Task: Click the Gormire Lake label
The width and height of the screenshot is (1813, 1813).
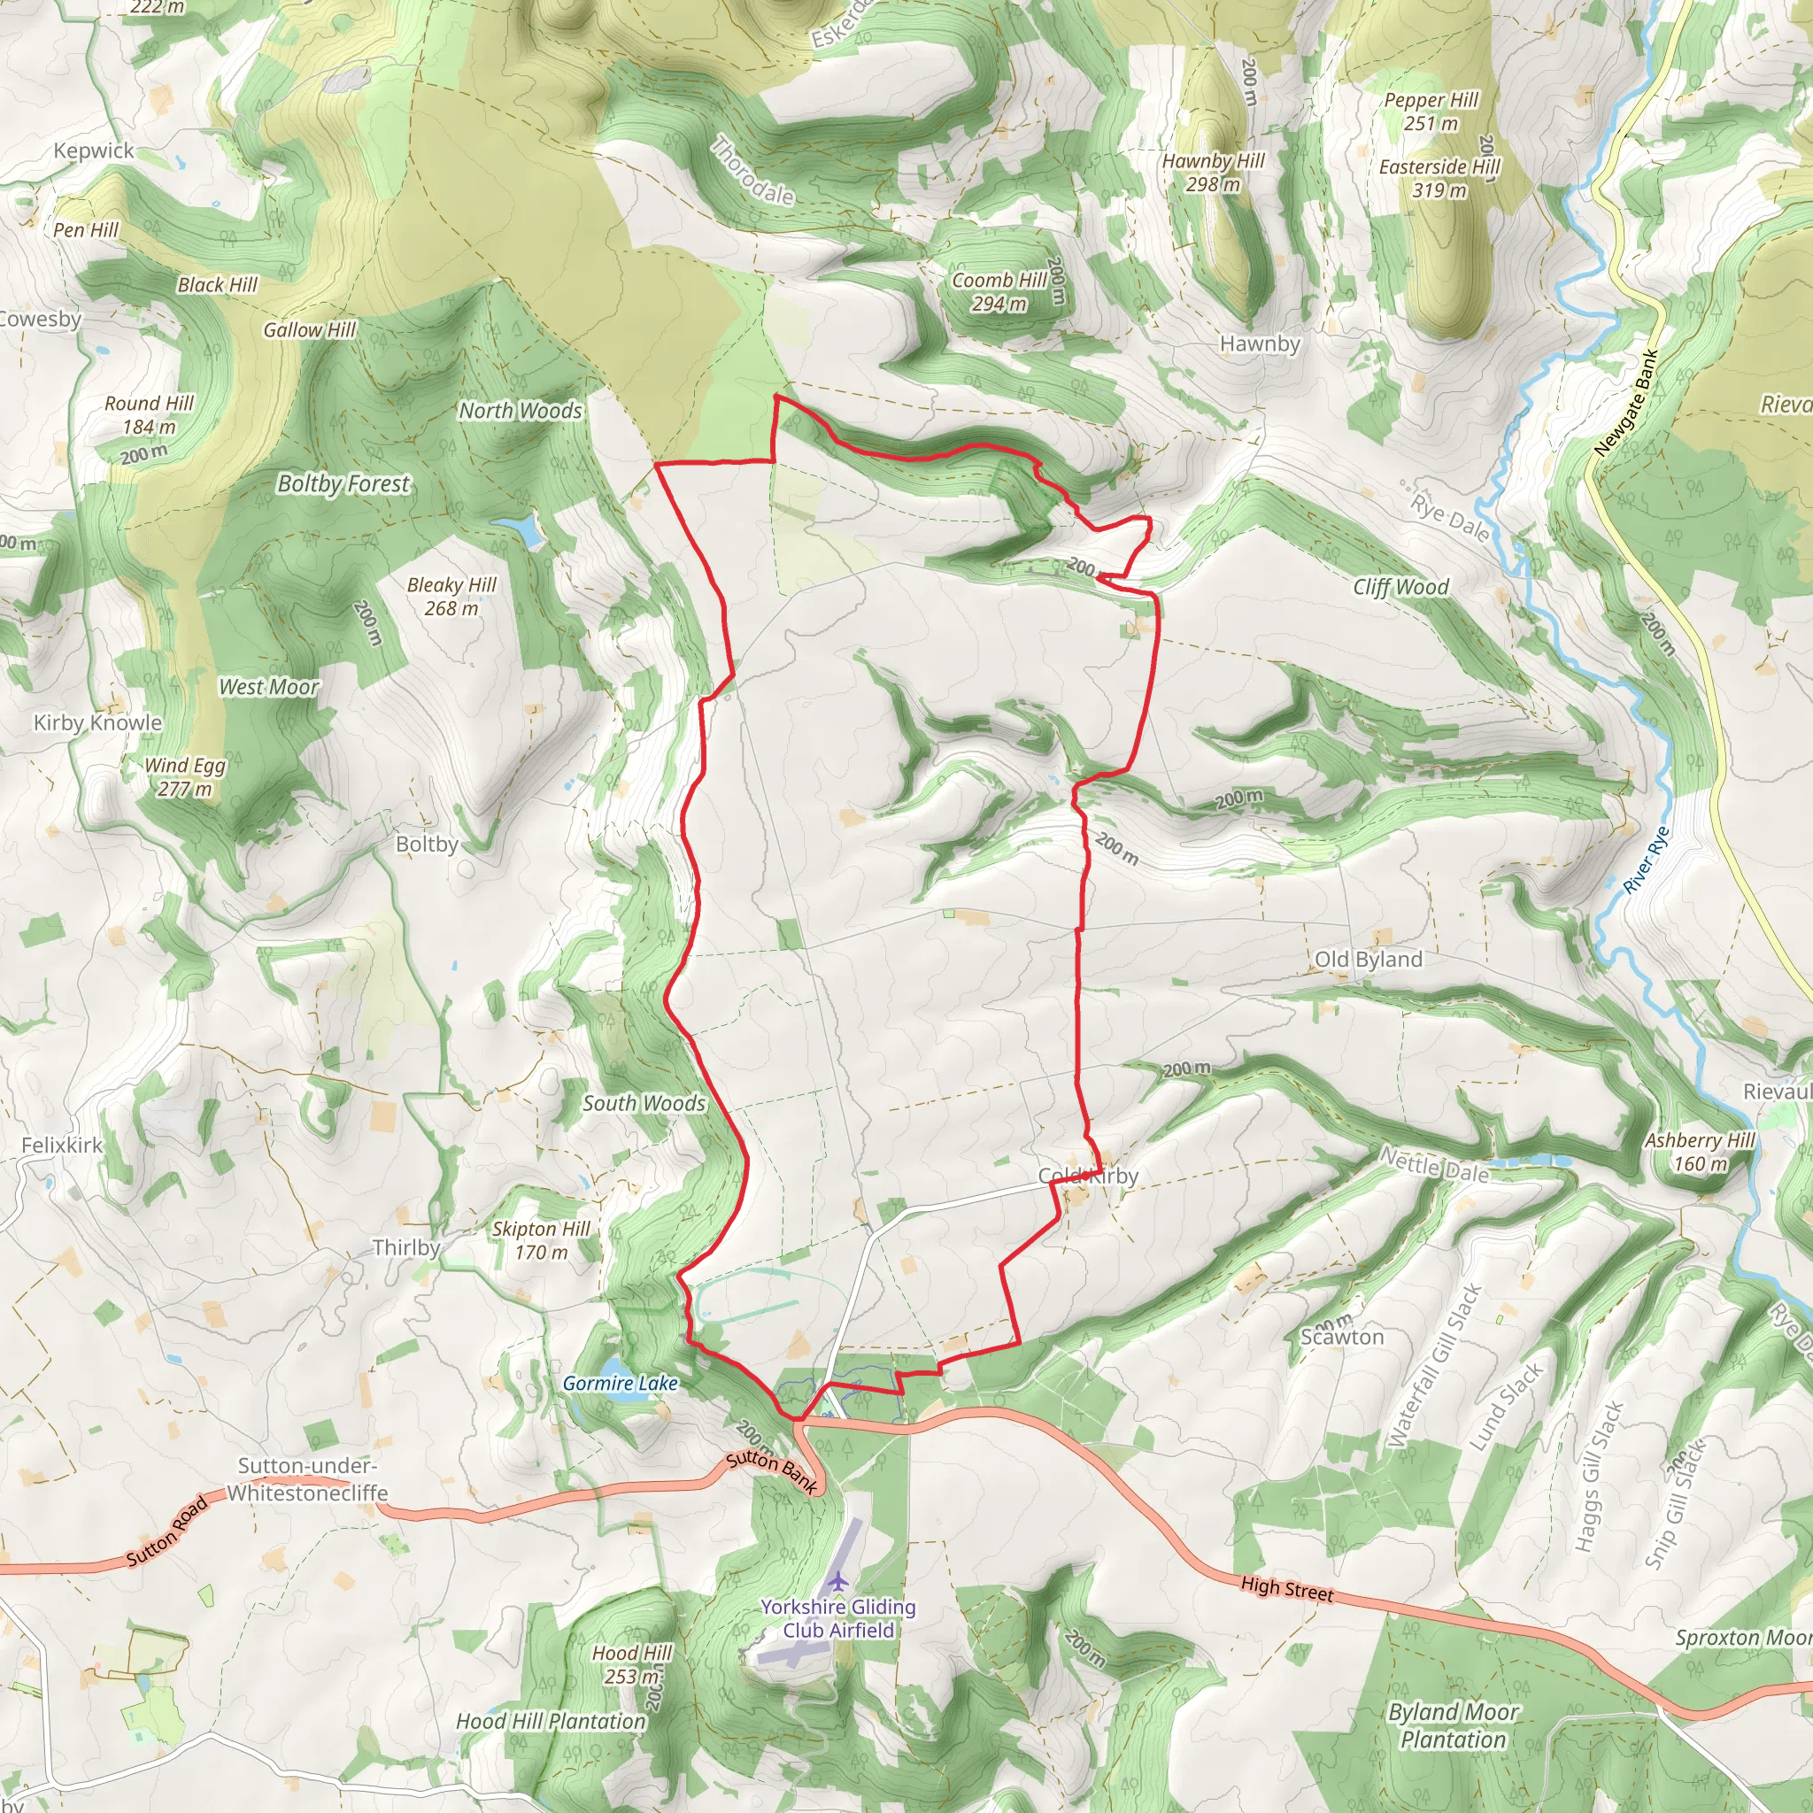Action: click(x=620, y=1384)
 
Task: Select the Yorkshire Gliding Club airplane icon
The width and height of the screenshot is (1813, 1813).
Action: click(x=838, y=1582)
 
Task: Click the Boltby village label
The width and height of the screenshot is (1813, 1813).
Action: click(x=427, y=844)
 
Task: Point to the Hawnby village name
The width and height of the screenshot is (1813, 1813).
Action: click(x=1260, y=343)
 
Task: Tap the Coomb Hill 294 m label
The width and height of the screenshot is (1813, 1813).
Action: click(x=999, y=292)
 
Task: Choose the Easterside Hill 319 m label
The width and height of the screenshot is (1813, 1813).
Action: click(x=1439, y=178)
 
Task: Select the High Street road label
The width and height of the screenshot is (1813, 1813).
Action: click(x=1286, y=1589)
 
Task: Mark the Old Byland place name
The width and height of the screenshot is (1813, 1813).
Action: click(x=1369, y=959)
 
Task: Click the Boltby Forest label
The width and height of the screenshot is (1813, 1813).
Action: click(x=343, y=484)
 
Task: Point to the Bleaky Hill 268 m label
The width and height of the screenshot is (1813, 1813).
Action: click(x=451, y=597)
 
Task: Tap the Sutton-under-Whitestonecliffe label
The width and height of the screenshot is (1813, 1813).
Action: click(x=308, y=1479)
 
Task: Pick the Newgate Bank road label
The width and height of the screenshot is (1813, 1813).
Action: click(x=1627, y=404)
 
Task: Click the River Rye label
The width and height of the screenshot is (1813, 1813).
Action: click(x=1647, y=860)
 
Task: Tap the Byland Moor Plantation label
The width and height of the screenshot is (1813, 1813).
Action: click(x=1453, y=1724)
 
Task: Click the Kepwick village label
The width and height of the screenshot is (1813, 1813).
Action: click(x=94, y=151)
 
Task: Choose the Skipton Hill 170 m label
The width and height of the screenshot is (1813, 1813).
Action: click(x=542, y=1239)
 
